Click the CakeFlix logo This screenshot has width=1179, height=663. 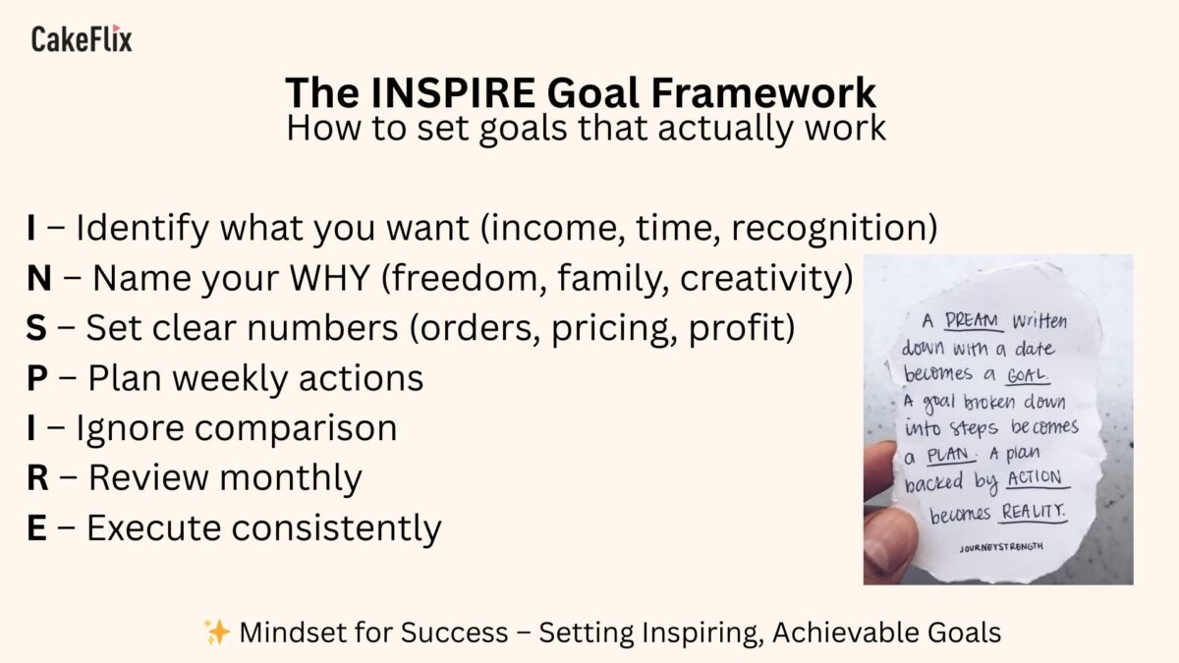(x=82, y=38)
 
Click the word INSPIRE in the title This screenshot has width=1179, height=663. (x=453, y=92)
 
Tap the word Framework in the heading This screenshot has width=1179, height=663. (x=763, y=92)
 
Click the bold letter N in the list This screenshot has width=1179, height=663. (x=39, y=278)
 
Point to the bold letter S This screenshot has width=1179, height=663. (x=36, y=328)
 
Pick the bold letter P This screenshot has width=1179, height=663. (x=37, y=378)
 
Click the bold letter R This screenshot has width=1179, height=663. (x=37, y=477)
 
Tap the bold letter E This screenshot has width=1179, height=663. (x=36, y=527)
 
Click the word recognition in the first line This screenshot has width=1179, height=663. (x=835, y=228)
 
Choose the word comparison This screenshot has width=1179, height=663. (x=296, y=429)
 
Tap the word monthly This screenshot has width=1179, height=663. (x=291, y=478)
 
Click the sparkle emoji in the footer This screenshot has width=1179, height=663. (x=217, y=632)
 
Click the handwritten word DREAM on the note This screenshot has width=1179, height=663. (x=974, y=321)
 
